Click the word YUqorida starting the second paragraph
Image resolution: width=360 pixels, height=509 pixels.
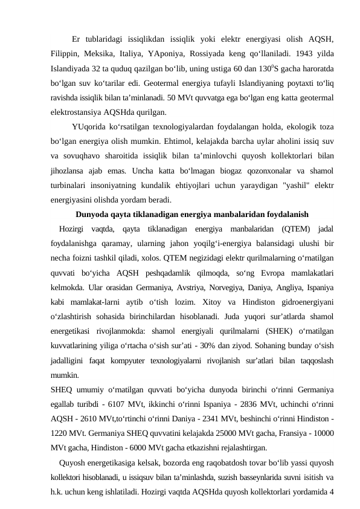(x=89, y=126)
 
